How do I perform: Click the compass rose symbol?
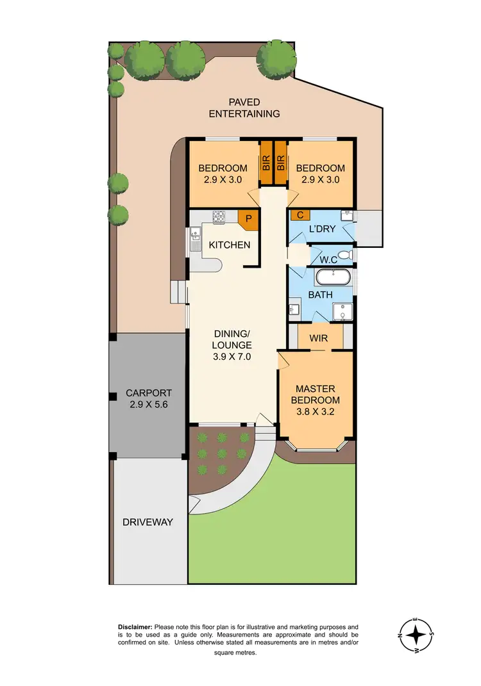coord(418,634)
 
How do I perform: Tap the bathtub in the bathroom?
coord(332,277)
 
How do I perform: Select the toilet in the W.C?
coord(344,256)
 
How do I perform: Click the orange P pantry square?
coord(249,218)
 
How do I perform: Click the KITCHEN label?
coord(229,245)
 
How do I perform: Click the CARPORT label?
coord(149,393)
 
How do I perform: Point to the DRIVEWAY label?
coord(148,522)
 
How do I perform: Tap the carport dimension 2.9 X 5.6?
coord(149,404)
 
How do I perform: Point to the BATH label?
coord(321,295)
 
